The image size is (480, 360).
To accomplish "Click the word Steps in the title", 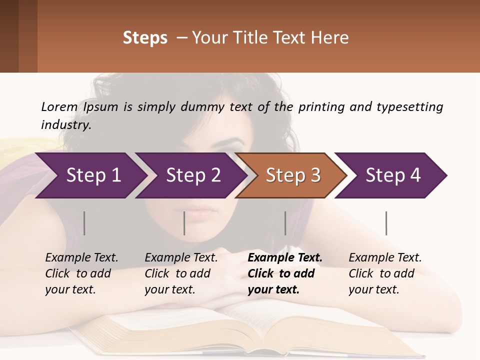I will point(145,38).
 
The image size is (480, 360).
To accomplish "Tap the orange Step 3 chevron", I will point(293,175).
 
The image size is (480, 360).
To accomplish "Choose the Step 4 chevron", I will point(393,175).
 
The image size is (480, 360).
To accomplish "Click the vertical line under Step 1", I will point(84,223).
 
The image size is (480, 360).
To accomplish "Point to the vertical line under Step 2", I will point(184,223).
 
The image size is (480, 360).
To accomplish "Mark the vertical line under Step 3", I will point(285,223).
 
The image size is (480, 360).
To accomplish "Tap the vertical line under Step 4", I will point(386,223).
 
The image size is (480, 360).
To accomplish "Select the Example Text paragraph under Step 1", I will point(81,273).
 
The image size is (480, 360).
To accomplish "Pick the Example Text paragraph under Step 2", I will point(181,273).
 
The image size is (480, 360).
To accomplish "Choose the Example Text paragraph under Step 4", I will point(385,273).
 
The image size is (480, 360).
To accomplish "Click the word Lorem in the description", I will point(59,106).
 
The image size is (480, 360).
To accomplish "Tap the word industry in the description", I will point(66,124).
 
